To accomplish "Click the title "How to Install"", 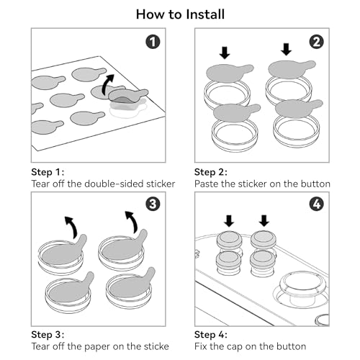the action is point(180,14).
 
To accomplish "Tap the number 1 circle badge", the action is point(153,42).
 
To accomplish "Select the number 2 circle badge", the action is point(317,42).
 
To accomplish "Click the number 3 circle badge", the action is point(153,204).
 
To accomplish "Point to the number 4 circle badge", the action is point(317,204).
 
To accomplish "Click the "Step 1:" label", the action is point(48,172).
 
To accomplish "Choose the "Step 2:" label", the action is point(211,172).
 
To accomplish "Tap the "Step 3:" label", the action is point(48,335).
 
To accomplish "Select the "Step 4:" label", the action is point(211,335).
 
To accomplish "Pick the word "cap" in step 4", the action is point(233,347).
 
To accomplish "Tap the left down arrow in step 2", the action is point(225,53).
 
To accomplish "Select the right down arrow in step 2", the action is point(286,49).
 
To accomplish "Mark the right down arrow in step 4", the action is point(264,220).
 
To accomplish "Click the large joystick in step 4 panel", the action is point(301,289).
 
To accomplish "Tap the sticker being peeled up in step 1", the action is point(127,96).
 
